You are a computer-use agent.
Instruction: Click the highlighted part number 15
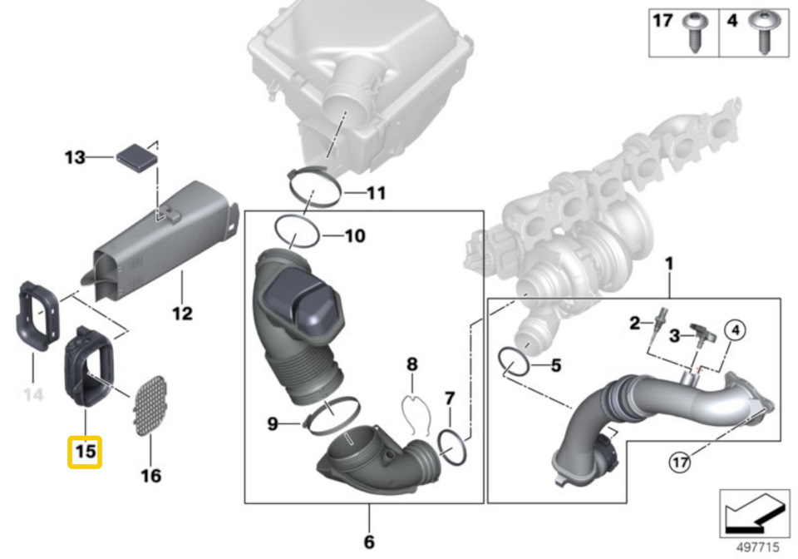click(x=85, y=452)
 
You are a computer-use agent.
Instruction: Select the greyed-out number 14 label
click(x=32, y=393)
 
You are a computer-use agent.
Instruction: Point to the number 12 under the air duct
click(x=182, y=314)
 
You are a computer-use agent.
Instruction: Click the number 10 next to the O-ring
click(x=354, y=237)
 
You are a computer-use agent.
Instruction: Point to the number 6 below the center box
click(x=368, y=542)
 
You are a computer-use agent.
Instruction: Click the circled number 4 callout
click(x=733, y=331)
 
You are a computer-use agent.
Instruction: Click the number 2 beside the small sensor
click(x=634, y=323)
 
